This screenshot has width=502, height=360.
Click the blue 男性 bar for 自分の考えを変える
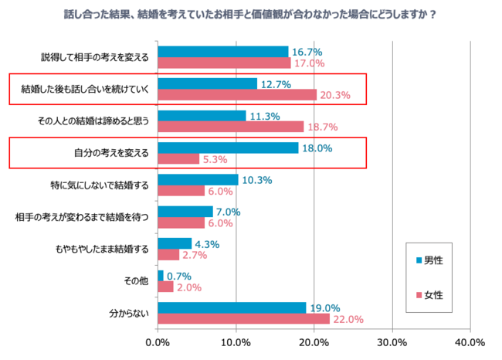click(x=228, y=148)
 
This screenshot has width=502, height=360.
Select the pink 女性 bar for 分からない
click(x=243, y=319)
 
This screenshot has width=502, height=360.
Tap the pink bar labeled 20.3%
click(x=237, y=95)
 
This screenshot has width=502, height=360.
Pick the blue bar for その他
click(x=161, y=276)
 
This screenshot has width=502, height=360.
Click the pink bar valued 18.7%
click(x=231, y=127)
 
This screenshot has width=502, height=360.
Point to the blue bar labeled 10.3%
click(x=198, y=179)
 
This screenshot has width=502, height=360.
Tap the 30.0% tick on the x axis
click(x=392, y=342)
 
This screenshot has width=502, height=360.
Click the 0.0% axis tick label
click(x=158, y=342)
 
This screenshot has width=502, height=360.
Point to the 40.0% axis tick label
click(x=470, y=342)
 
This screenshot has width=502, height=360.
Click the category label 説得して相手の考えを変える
click(x=95, y=57)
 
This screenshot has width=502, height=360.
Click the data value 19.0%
click(x=324, y=307)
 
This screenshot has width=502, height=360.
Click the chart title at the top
click(x=250, y=13)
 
